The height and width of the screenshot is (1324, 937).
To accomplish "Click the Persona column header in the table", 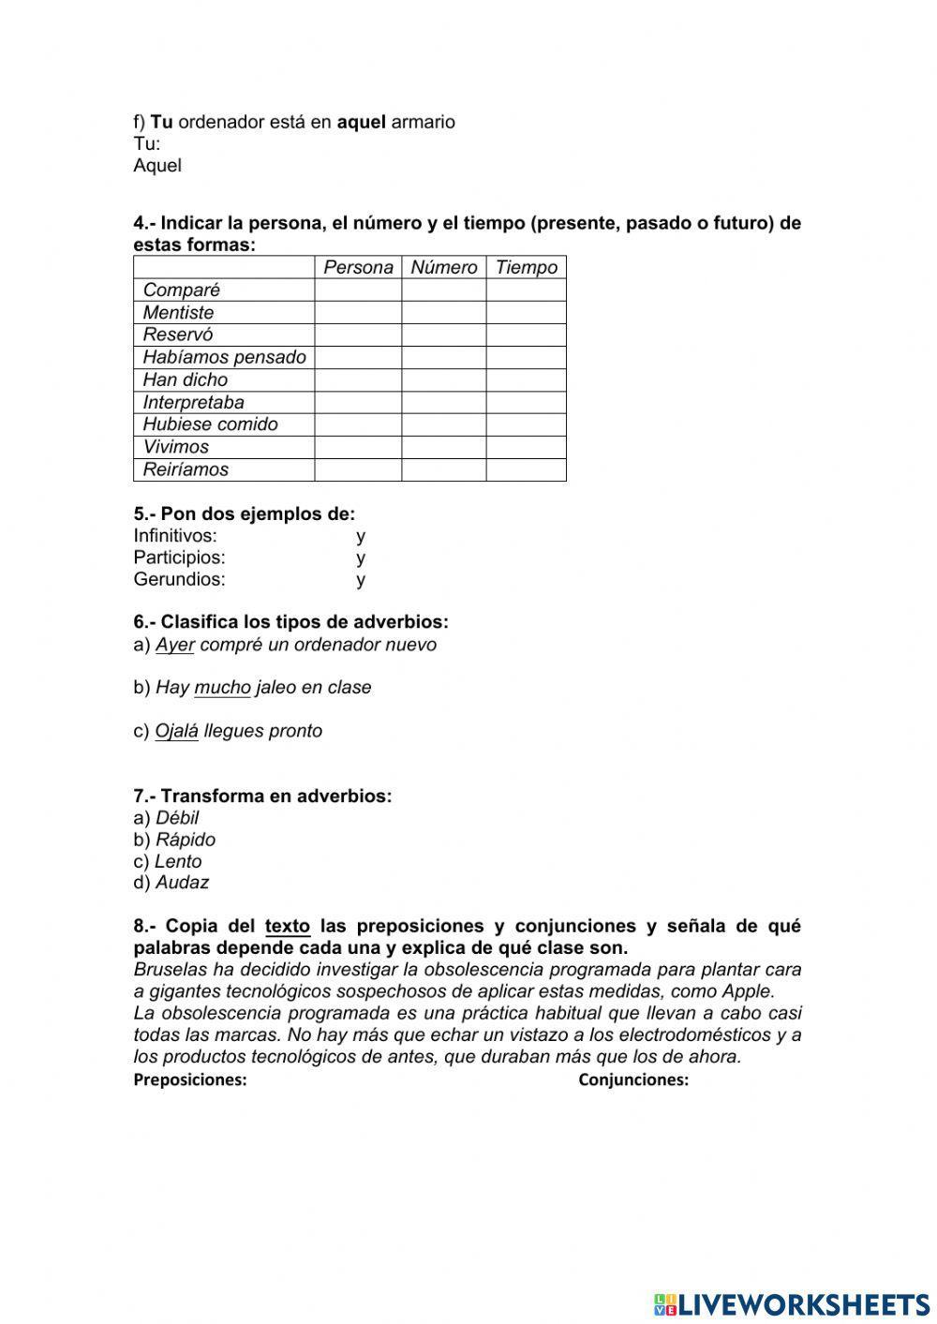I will coord(358,267).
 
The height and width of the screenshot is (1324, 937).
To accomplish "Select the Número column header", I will coord(443,267).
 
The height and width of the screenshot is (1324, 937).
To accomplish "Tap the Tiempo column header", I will coord(526,267).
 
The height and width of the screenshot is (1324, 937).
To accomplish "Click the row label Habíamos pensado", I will coord(224,357).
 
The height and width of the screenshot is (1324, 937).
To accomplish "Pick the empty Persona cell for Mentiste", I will coord(358,312).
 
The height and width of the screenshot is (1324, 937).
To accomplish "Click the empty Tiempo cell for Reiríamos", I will coord(526,469).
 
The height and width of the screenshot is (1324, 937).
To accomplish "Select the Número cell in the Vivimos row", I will coord(443,447).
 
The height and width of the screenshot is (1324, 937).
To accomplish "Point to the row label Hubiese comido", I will coord(210,424).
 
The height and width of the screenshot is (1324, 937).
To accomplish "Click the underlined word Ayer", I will coord(174,645).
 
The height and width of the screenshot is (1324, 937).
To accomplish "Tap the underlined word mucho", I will coord(222,688).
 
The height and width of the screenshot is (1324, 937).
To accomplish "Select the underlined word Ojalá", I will coord(176,731).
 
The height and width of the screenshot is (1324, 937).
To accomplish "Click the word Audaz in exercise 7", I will coord(182,882).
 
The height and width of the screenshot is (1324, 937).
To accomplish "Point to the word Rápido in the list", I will coord(185,840).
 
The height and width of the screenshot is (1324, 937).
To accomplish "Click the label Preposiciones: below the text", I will coord(190,1079).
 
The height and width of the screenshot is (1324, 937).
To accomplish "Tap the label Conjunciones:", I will coord(633,1079).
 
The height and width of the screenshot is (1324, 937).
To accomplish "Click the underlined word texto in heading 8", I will coord(288,926).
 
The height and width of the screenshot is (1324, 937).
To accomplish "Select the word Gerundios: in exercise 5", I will coord(179,579).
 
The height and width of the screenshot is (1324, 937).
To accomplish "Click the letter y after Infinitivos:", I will coord(361,536).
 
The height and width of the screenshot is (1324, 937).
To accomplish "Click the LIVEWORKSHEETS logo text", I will coord(804,1303).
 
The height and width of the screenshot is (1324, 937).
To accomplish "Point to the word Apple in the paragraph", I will coord(748,991).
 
